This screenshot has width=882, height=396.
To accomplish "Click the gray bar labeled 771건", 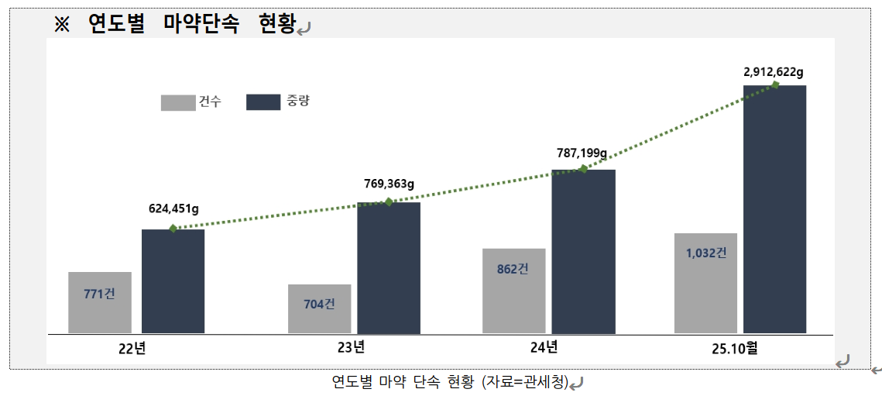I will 100,302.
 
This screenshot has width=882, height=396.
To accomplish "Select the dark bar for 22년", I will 173,281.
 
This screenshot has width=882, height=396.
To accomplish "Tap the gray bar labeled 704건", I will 319,308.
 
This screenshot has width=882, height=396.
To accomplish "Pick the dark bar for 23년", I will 389,268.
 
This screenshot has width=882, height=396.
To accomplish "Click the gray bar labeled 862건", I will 513,291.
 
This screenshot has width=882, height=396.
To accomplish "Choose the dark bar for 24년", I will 583,252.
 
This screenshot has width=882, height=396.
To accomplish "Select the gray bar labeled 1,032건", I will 705,283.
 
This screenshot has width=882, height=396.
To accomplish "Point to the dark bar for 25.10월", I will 774,209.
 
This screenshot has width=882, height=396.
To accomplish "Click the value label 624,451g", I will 174,208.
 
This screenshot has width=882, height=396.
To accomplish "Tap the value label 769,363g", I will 390,184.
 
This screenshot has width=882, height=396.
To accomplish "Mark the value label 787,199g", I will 582,153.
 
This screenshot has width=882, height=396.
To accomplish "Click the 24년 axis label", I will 544,347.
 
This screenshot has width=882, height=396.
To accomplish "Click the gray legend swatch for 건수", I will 178,102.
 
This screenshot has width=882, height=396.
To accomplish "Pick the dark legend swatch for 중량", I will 263,102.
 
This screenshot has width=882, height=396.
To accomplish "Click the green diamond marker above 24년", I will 583,169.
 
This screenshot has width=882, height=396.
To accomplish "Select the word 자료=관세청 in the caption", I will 526,381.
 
